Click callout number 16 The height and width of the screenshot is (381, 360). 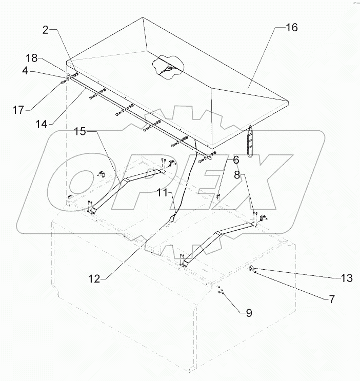[291, 28]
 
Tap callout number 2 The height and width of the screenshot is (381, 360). [46, 31]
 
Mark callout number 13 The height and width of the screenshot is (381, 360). [347, 278]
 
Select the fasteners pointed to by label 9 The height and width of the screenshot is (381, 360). [219, 291]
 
